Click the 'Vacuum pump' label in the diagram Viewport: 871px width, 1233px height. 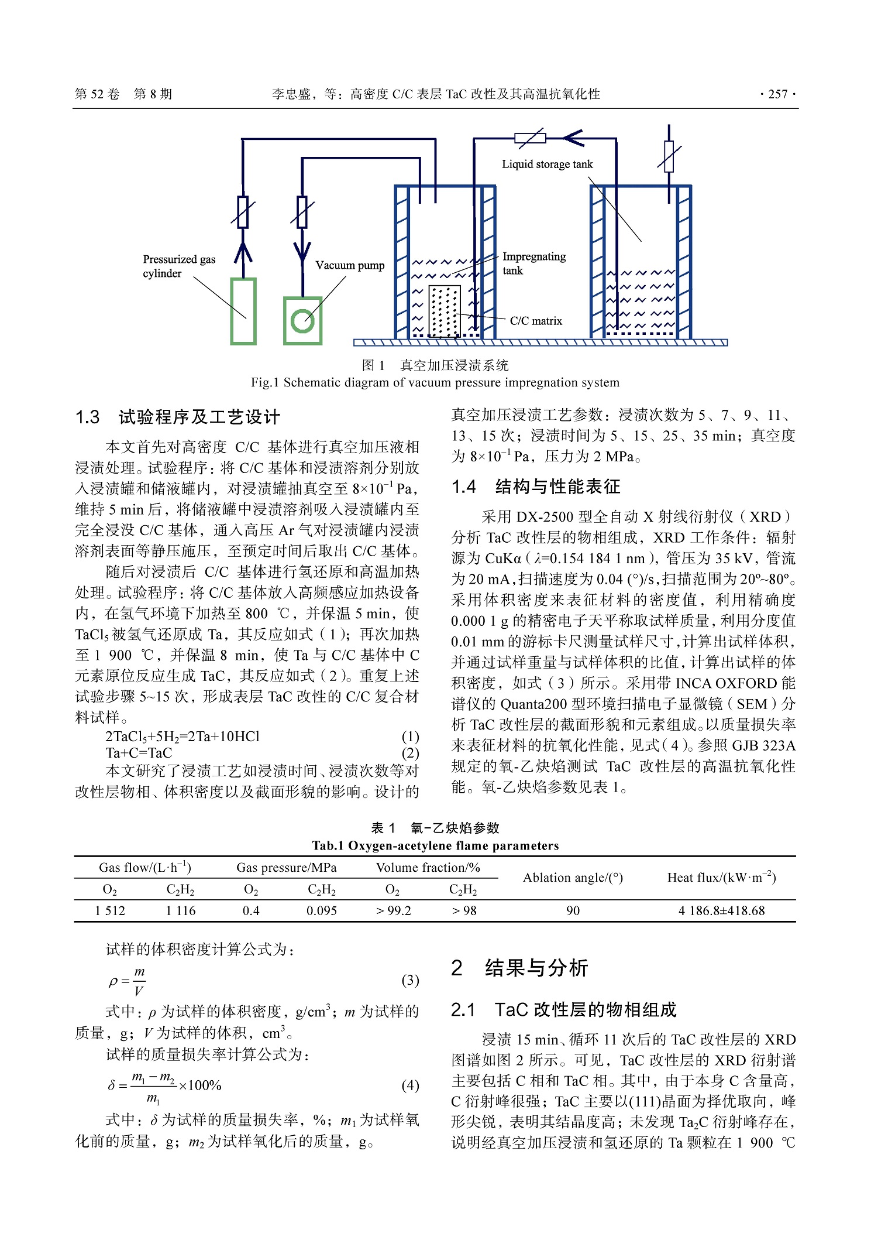point(350,265)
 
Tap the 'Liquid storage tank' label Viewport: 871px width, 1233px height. point(547,164)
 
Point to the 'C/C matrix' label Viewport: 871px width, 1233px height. point(535,321)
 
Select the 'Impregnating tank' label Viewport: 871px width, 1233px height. point(533,263)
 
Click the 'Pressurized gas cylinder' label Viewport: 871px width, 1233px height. point(178,266)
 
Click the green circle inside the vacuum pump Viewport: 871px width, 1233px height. point(302,320)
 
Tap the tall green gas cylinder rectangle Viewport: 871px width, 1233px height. point(243,311)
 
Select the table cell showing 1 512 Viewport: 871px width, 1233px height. point(110,910)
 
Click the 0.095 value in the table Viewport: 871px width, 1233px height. point(322,910)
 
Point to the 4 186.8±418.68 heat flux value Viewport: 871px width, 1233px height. point(721,910)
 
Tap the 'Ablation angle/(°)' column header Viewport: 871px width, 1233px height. point(573,878)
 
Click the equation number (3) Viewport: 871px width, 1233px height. point(410,980)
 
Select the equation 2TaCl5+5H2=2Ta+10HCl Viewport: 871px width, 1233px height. point(183,737)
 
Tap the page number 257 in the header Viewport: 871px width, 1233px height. point(777,94)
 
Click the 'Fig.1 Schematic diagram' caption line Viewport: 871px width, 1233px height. point(435,382)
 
